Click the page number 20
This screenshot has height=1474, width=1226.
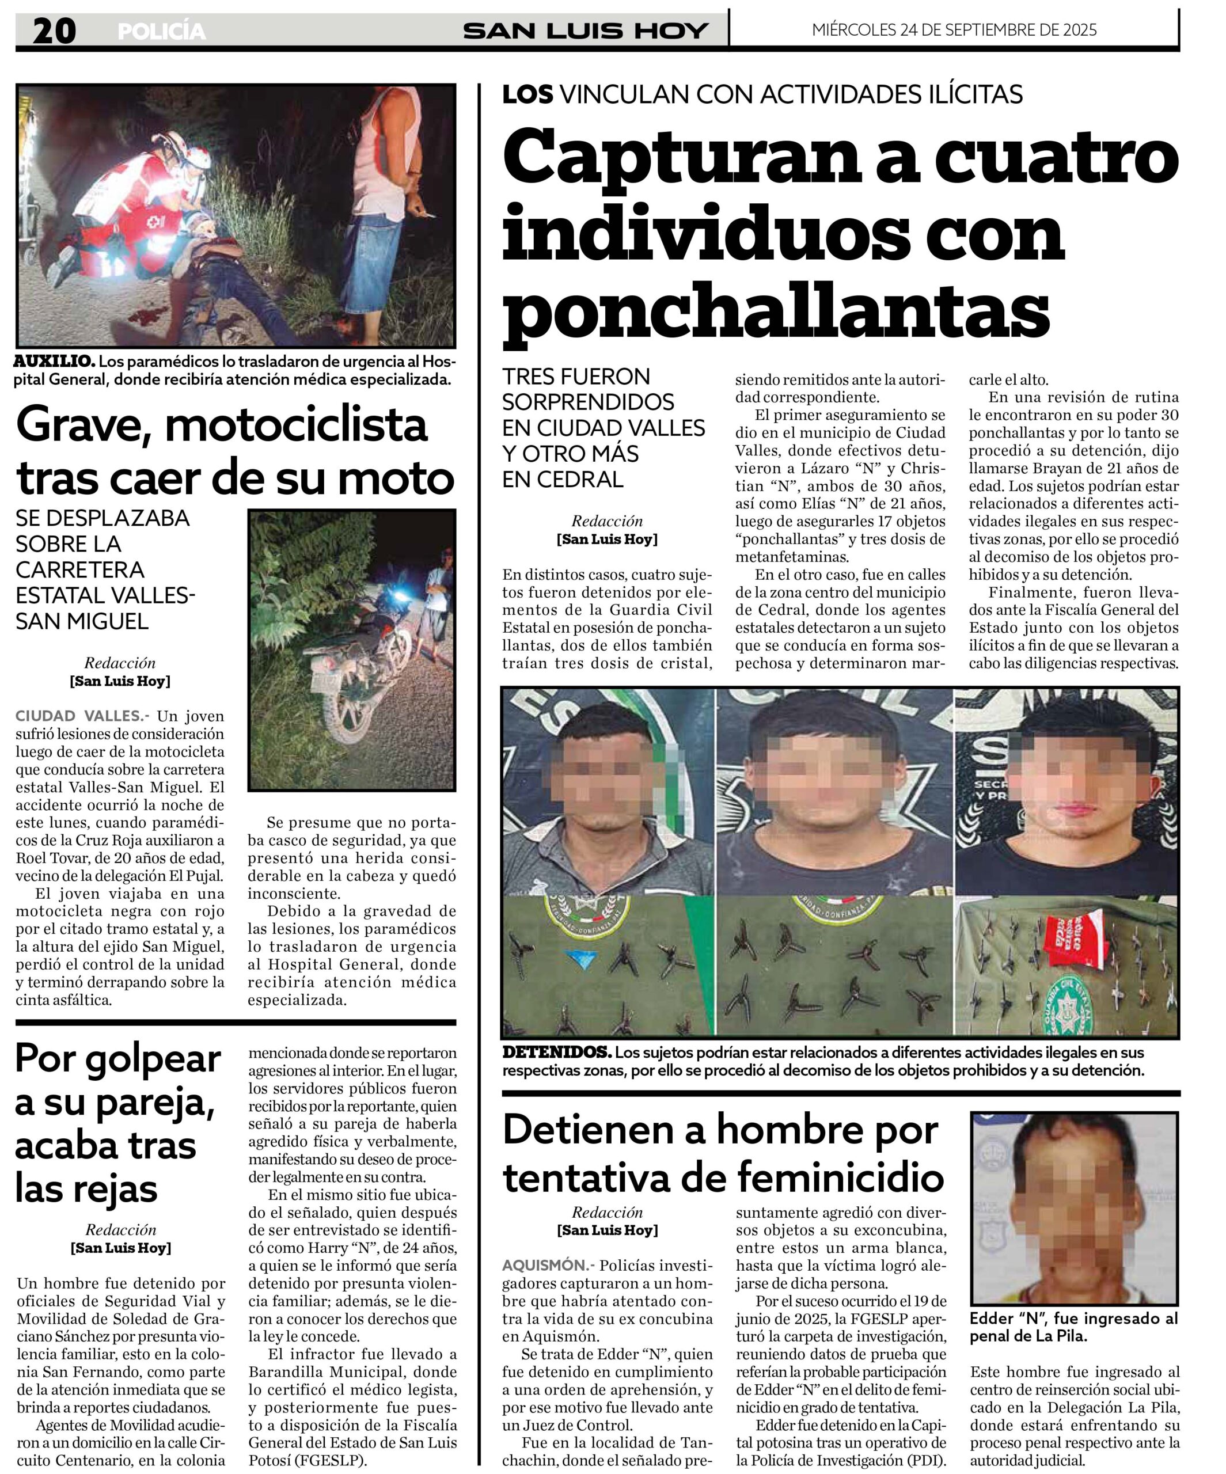click(54, 31)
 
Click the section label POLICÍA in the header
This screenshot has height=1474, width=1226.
click(161, 32)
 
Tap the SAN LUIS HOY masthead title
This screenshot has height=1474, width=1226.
click(586, 31)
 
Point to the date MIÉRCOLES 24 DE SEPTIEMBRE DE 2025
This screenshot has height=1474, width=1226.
click(954, 30)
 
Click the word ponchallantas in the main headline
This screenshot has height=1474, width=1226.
click(775, 308)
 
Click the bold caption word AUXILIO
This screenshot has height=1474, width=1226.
click(54, 362)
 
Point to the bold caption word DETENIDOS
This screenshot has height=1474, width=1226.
click(556, 1052)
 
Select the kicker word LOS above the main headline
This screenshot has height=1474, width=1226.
click(527, 94)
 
